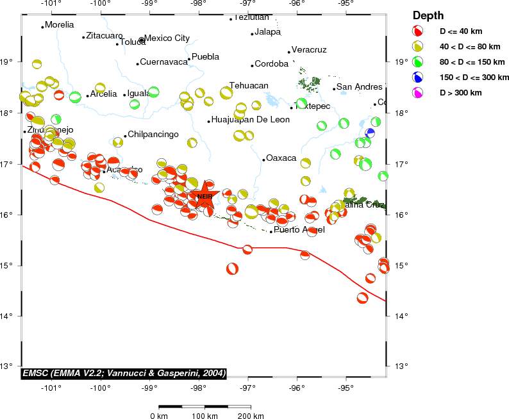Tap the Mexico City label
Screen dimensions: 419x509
[x=167, y=38]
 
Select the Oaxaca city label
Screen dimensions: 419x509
[x=281, y=158]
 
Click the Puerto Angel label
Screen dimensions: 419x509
[x=295, y=230]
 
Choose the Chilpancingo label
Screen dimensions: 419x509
[x=153, y=135]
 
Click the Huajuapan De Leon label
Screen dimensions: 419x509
[x=250, y=120]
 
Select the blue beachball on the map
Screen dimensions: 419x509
[x=370, y=133]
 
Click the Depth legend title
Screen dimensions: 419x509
[x=428, y=15]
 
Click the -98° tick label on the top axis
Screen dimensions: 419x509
[x=199, y=4]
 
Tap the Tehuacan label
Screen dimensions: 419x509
[x=249, y=86]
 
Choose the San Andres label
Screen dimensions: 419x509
[x=359, y=87]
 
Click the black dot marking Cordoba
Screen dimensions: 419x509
[x=253, y=65]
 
